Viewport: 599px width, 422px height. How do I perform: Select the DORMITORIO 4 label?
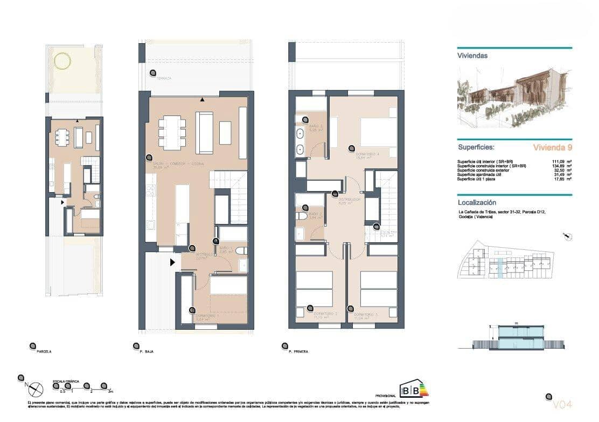368,154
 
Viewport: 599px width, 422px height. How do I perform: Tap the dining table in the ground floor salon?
172,133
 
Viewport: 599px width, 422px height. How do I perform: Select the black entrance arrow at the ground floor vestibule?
173,263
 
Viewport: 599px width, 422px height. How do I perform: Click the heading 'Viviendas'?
472,56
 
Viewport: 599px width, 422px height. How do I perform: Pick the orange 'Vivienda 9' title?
552,147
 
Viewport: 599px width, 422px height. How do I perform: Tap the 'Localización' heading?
477,202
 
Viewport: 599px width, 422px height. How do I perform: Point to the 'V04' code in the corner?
562,404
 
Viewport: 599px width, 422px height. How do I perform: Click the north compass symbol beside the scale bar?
36,388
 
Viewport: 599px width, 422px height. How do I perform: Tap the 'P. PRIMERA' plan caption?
298,351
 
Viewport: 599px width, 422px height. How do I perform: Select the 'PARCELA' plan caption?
44,351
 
